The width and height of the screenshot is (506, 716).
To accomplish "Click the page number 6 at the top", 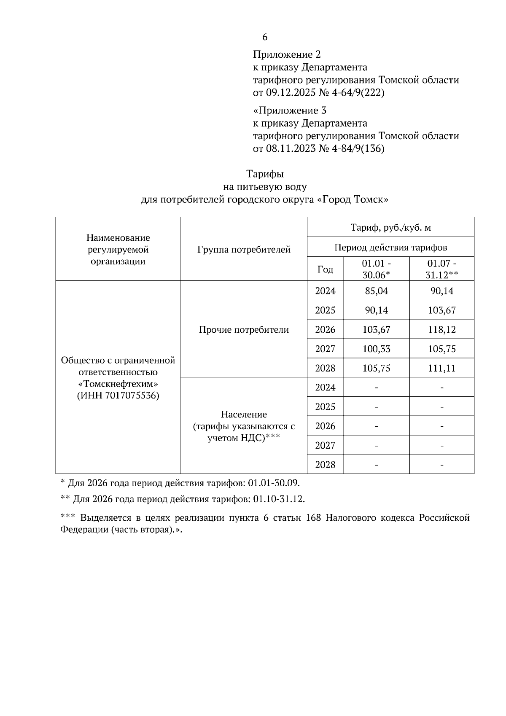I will click(265, 37).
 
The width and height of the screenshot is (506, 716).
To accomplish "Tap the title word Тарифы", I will click(265, 174).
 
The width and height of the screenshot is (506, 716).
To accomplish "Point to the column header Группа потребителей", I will click(244, 250).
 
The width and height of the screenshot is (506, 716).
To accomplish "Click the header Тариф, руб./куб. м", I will click(390, 228).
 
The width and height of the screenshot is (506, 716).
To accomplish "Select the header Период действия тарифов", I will click(390, 247).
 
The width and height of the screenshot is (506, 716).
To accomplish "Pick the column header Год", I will click(325, 269).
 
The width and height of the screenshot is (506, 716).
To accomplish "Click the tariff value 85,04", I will click(376, 291).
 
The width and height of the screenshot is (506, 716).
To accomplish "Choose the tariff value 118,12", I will click(441, 329).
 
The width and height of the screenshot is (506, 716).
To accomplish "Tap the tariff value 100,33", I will click(376, 349).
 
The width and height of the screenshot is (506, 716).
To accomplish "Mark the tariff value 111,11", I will click(441, 368).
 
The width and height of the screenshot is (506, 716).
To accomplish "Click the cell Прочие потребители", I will click(244, 330).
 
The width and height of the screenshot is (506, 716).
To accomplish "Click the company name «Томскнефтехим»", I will click(118, 384).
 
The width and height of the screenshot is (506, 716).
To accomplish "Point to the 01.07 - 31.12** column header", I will click(441, 269).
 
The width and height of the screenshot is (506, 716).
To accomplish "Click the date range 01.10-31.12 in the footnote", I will click(278, 499).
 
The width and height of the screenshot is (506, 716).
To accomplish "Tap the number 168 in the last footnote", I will click(313, 517).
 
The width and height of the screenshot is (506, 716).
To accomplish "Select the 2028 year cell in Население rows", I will click(325, 464).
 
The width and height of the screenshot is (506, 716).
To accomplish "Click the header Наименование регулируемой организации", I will click(118, 250).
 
